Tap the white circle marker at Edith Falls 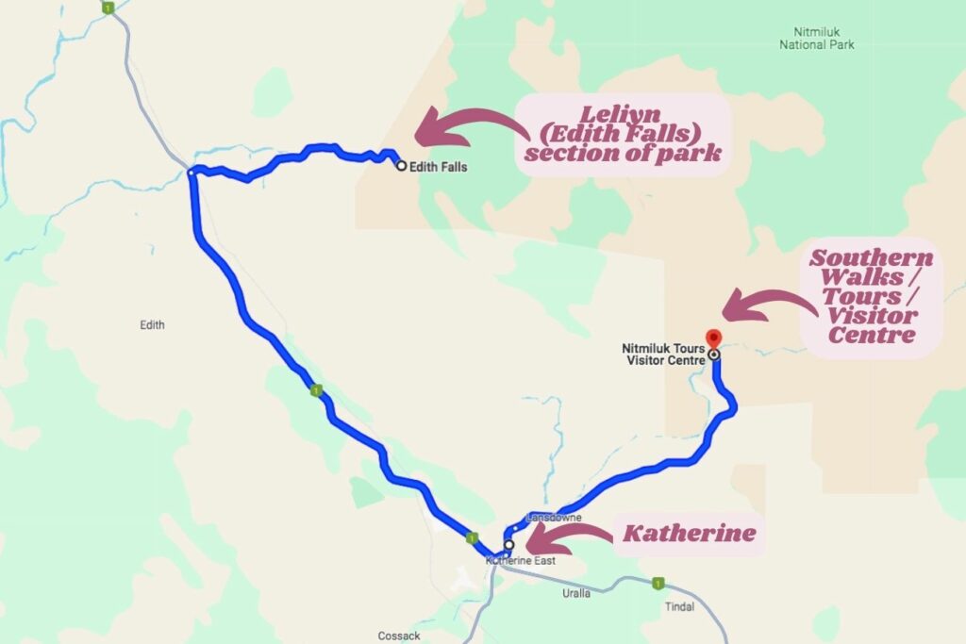(401, 166)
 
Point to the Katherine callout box (689, 535)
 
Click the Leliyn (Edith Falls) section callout (624, 135)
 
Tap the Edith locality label (152, 325)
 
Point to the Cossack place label (399, 636)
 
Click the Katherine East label (521, 561)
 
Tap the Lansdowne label (554, 519)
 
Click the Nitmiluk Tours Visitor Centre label (664, 354)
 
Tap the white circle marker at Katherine (508, 545)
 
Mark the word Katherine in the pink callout (689, 535)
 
